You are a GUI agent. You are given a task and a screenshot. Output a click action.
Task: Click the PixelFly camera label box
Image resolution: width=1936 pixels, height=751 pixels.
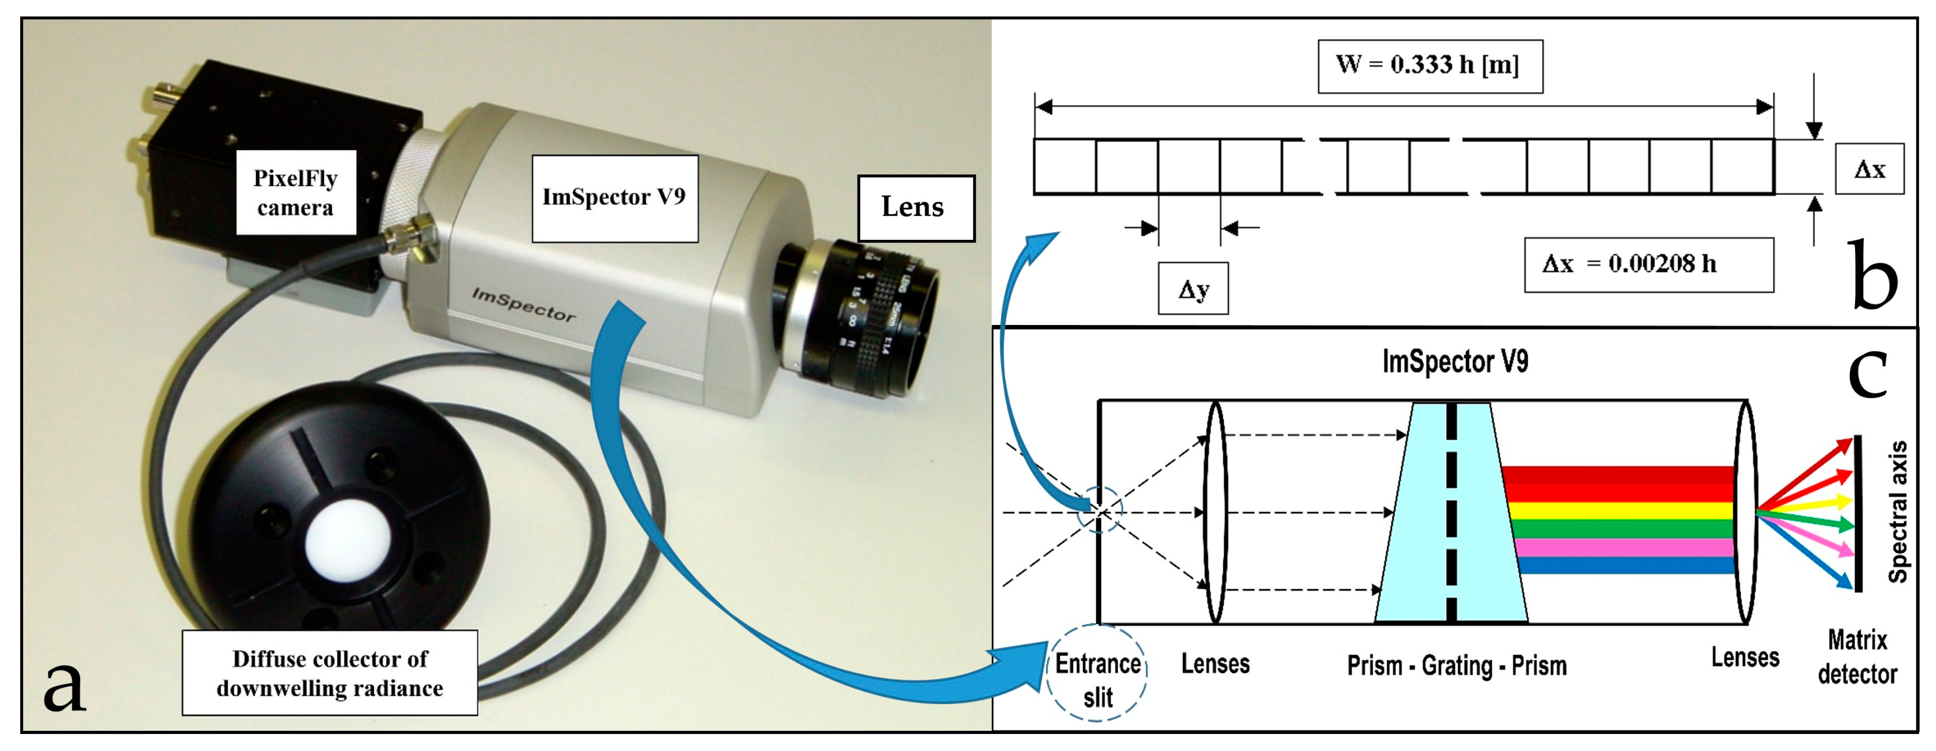click(296, 192)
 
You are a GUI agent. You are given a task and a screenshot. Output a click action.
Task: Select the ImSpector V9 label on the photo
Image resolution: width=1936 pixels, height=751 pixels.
click(614, 198)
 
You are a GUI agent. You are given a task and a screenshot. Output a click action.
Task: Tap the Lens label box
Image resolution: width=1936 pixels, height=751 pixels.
click(915, 207)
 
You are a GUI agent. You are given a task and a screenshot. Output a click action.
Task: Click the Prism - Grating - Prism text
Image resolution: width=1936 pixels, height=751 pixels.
click(1456, 666)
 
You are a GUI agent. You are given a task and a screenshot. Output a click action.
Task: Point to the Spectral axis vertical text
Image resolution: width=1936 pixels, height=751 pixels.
click(1898, 511)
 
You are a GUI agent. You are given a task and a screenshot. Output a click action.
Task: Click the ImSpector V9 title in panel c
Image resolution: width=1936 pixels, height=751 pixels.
click(1454, 362)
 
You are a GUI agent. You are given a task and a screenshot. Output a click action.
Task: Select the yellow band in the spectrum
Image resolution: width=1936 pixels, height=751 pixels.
click(1616, 511)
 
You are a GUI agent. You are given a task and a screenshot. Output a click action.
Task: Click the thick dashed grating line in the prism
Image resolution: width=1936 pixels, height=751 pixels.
click(1451, 511)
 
